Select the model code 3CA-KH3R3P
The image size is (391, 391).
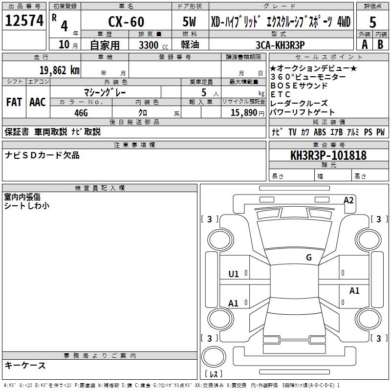coord(280,44)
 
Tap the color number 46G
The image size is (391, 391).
coord(81,112)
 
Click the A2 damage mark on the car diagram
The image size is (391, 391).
coord(348,200)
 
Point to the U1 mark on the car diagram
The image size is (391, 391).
coord(234,274)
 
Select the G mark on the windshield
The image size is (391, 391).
coord(308,258)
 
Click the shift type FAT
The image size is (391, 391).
coord(14,102)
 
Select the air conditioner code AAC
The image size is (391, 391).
coord(37,102)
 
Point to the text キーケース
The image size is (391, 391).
coord(25,365)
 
